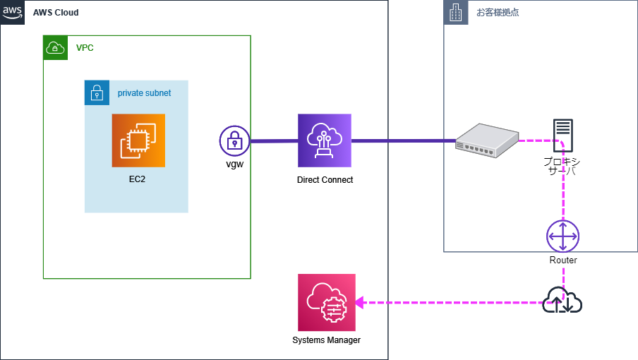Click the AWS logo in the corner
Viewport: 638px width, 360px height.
click(12, 12)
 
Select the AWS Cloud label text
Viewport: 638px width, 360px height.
click(56, 13)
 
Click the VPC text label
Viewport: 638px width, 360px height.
click(85, 48)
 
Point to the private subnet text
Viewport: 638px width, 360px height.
click(144, 92)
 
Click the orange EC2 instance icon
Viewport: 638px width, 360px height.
click(138, 140)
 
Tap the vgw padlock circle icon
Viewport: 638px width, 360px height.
click(235, 141)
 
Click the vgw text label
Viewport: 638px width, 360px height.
click(234, 165)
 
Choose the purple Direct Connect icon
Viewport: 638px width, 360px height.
click(324, 140)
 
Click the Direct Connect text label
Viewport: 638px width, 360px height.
click(325, 180)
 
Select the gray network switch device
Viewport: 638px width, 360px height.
click(486, 139)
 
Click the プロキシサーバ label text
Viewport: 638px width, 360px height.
click(562, 166)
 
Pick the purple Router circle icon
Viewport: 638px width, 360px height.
click(562, 236)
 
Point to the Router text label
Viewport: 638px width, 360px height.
click(562, 260)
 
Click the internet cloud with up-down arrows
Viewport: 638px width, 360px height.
click(562, 301)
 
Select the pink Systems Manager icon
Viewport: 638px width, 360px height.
click(327, 302)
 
